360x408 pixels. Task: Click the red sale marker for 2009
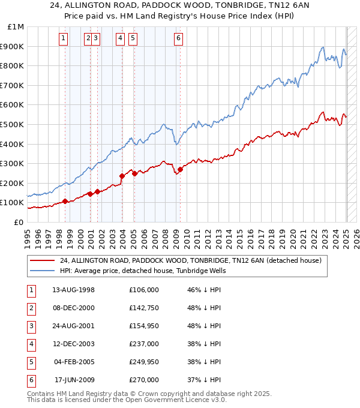pyautogui.click(x=180, y=169)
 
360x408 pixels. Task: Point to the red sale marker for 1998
pyautogui.click(x=65, y=202)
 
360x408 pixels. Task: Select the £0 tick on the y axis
pyautogui.click(x=20, y=222)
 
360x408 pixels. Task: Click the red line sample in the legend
pyautogui.click(x=42, y=261)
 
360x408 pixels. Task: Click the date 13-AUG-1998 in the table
pyautogui.click(x=74, y=290)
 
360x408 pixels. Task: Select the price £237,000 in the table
pyautogui.click(x=144, y=344)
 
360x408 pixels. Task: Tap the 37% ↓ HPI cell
pyautogui.click(x=204, y=380)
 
